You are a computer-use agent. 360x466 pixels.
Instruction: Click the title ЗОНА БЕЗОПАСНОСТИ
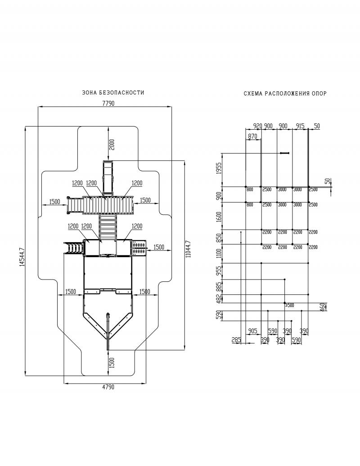pyautogui.click(x=113, y=93)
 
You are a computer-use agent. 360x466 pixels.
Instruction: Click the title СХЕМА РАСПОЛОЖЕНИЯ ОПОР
pyautogui.click(x=285, y=94)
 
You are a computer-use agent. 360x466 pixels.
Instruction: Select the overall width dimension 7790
pyautogui.click(x=108, y=104)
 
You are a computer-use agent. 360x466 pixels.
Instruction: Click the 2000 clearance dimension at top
pyautogui.click(x=112, y=144)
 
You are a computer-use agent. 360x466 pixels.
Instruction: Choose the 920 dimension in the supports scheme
pyautogui.click(x=257, y=126)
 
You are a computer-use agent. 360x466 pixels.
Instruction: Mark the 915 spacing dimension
pyautogui.click(x=300, y=126)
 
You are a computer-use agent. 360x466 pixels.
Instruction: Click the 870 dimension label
pyautogui.click(x=252, y=136)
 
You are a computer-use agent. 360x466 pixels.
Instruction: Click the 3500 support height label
pyautogui.click(x=289, y=305)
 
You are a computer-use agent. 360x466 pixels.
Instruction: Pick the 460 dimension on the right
pyautogui.click(x=323, y=307)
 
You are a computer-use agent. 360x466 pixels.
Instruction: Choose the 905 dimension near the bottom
pyautogui.click(x=252, y=331)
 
